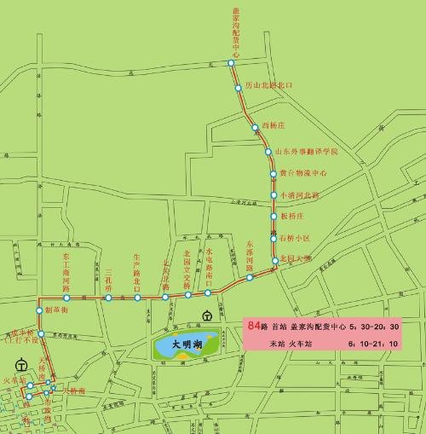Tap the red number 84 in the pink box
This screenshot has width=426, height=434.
(x=252, y=326)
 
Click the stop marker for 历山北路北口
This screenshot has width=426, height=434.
(x=239, y=86)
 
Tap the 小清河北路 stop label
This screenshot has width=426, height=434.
(x=298, y=194)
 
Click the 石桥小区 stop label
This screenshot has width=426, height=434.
(x=297, y=238)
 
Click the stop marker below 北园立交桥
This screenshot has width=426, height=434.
(x=187, y=295)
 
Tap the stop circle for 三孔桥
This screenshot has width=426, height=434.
(x=108, y=298)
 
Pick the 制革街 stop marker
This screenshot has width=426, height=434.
(x=38, y=310)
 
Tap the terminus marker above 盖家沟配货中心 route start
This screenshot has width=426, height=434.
(x=230, y=63)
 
